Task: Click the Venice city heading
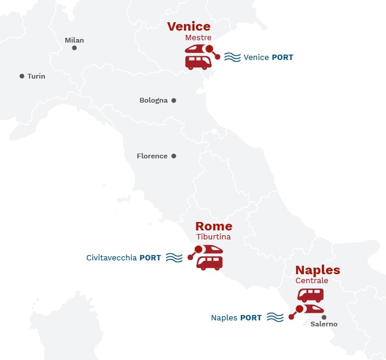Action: [189, 26]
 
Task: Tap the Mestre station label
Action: [198, 37]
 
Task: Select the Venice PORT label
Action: [269, 58]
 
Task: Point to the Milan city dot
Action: [74, 48]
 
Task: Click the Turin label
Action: [36, 76]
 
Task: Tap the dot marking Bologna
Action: [174, 100]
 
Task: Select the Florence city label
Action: [152, 156]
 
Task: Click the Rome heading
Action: [214, 226]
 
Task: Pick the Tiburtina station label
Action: [213, 237]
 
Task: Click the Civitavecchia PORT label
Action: [123, 258]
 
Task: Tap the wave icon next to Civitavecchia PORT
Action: [174, 258]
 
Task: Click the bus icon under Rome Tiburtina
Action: [210, 263]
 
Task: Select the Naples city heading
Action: [318, 270]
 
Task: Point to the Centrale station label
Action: [312, 281]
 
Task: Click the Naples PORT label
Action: [236, 318]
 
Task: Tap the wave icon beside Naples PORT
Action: [275, 317]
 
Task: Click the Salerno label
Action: [324, 324]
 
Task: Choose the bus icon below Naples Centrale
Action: [310, 295]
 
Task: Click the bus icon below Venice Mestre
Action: [198, 62]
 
